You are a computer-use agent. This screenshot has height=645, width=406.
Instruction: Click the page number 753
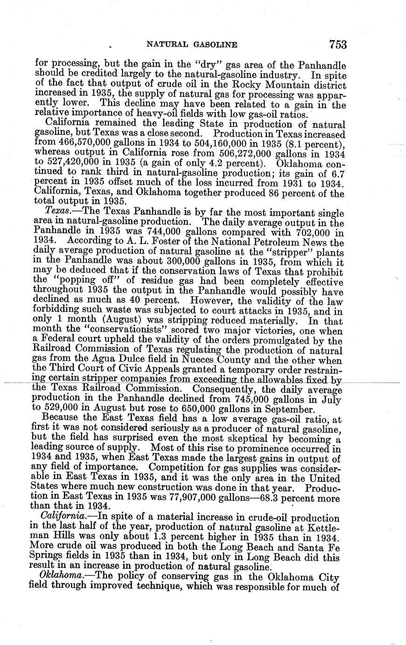(x=337, y=44)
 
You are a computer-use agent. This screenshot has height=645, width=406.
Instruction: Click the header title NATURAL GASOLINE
(x=192, y=45)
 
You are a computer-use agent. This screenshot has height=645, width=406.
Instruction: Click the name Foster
(x=165, y=242)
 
